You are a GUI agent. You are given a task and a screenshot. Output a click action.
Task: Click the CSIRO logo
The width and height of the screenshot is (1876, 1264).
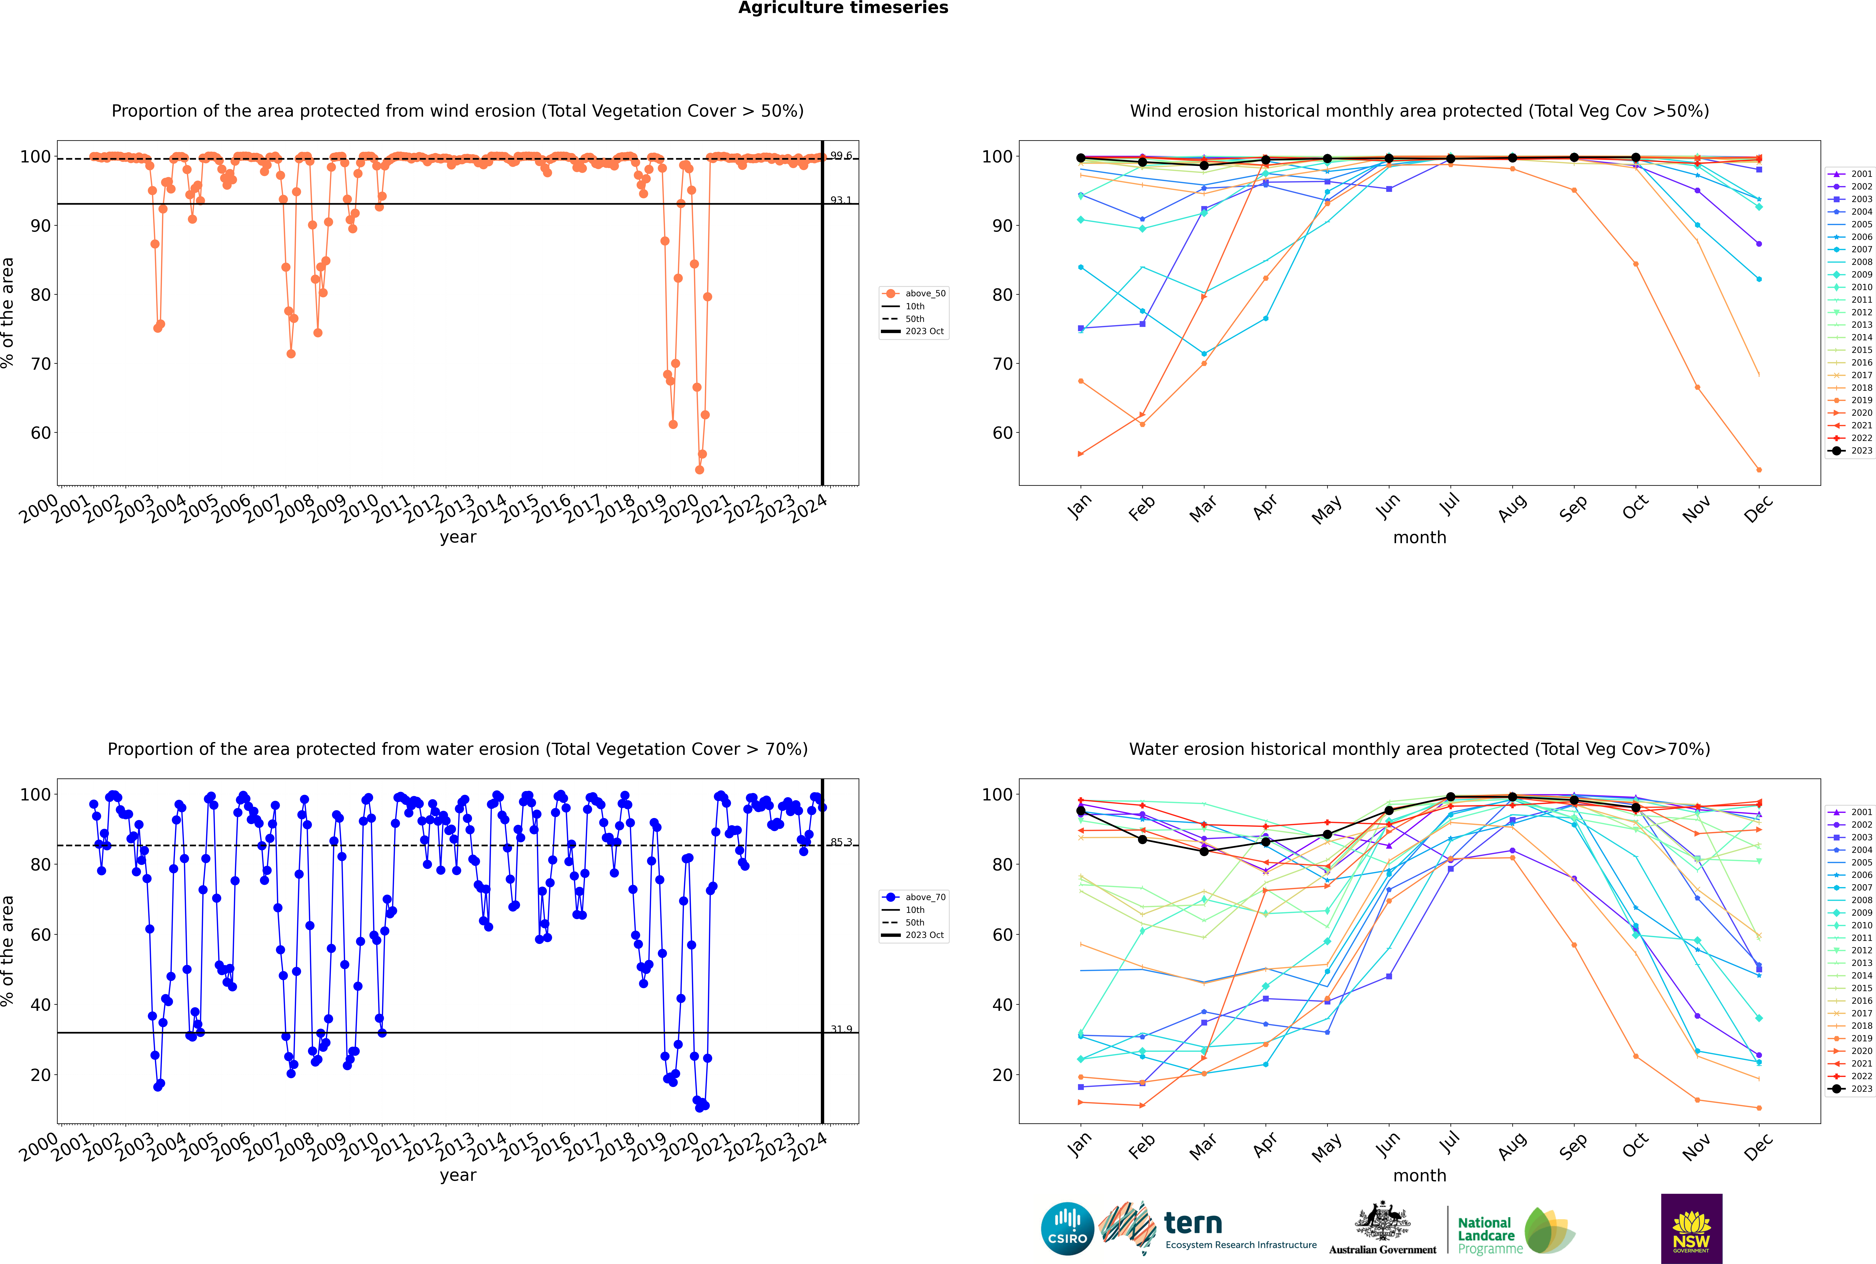1067,1229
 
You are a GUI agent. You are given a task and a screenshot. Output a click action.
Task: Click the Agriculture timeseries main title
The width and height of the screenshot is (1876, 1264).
843,8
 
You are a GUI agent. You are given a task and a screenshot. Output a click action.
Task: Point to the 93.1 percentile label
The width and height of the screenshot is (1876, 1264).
840,200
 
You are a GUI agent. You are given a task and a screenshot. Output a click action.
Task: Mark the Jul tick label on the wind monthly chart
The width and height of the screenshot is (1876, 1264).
1449,505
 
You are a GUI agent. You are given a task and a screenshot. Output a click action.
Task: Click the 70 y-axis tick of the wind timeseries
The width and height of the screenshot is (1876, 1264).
40,364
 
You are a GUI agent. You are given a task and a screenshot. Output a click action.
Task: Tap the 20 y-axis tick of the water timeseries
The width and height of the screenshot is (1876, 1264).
40,1075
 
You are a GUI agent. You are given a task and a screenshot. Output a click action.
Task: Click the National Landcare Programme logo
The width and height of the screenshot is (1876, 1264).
1515,1232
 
